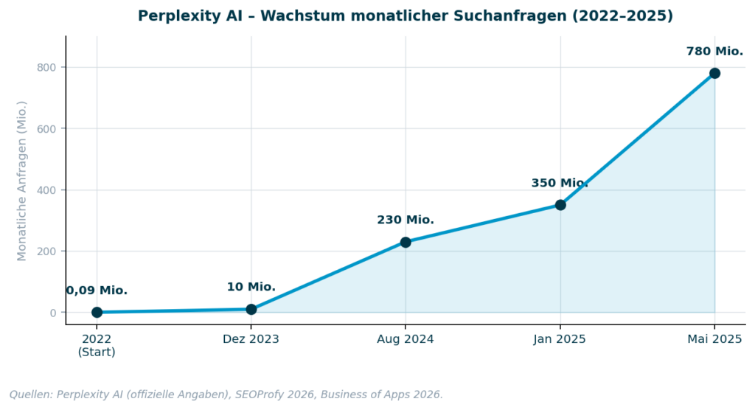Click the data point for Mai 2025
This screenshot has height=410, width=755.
click(714, 73)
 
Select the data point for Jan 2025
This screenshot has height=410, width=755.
click(560, 205)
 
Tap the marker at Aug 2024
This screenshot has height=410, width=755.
click(406, 242)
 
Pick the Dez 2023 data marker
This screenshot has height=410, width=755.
click(251, 309)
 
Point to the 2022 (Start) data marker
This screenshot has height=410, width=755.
click(97, 312)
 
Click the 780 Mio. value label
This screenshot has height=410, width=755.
click(714, 52)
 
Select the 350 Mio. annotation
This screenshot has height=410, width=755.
click(559, 184)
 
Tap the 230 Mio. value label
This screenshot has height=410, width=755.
click(406, 220)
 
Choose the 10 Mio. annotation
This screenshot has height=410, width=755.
click(251, 287)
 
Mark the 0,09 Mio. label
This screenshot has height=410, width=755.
click(97, 291)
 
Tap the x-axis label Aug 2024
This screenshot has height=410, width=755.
click(406, 339)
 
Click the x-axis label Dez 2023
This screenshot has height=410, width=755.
click(251, 339)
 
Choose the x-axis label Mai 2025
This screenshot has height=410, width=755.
click(714, 339)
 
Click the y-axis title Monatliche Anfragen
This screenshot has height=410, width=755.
click(22, 181)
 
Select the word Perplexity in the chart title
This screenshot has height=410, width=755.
click(174, 16)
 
